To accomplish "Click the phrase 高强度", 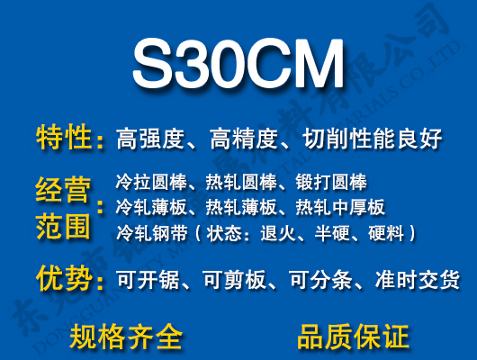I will coord(150,139).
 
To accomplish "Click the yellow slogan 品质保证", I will coord(353,337).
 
